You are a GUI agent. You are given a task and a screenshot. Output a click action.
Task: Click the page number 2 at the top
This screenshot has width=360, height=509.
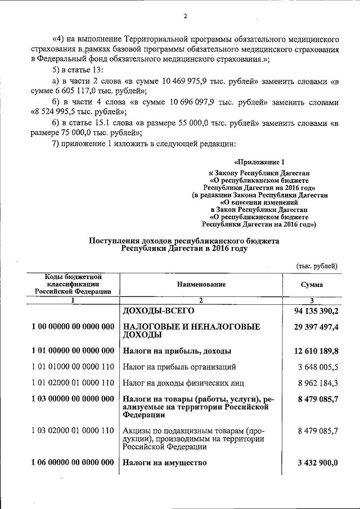tap(184, 16)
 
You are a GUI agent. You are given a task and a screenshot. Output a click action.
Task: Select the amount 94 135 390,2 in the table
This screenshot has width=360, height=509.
tap(316, 310)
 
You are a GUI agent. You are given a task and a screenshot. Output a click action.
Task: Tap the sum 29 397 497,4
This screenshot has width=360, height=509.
tap(316, 327)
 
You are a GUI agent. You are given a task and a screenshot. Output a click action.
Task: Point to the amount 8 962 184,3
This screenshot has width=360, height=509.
tap(319, 384)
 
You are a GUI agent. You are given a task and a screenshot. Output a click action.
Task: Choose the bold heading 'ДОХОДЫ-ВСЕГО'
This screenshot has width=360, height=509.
tap(158, 310)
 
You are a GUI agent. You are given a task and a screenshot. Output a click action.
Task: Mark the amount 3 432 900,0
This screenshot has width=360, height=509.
tap(317, 463)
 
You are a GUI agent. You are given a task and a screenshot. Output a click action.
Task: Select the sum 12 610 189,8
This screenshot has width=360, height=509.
tap(316, 351)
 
